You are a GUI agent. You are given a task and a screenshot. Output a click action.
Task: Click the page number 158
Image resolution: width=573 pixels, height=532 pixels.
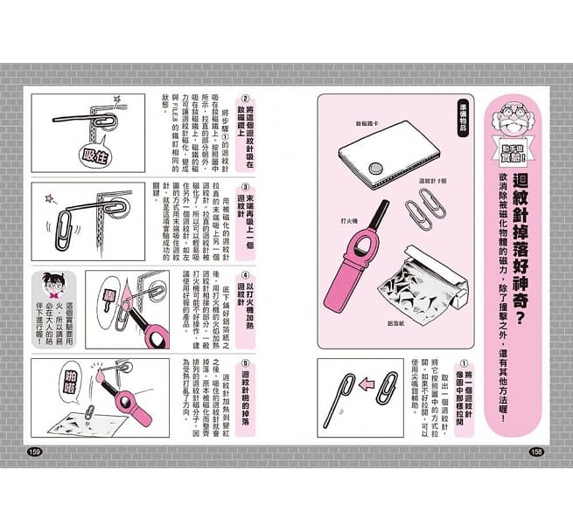(x=537, y=451)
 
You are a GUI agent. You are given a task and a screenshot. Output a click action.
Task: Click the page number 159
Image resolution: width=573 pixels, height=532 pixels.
(x=36, y=451)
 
